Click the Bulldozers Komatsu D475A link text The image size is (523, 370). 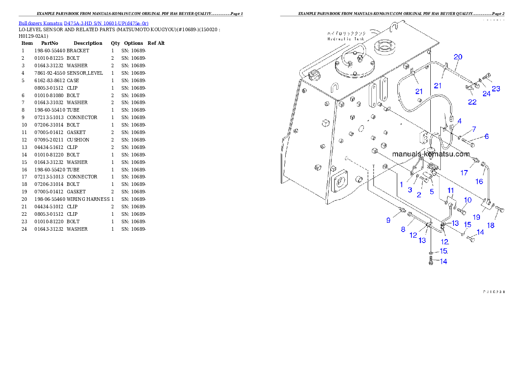[x=84, y=23]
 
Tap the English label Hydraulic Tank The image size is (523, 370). [x=346, y=39]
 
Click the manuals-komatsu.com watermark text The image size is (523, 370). [x=431, y=154]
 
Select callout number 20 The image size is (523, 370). [x=458, y=57]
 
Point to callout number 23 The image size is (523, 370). [x=496, y=89]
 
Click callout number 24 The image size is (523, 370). [x=486, y=93]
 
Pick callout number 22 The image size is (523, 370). [x=472, y=102]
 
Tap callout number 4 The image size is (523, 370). [x=459, y=121]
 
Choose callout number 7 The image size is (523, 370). [x=474, y=129]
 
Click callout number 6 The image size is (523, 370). [x=487, y=137]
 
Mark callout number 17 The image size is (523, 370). [x=464, y=173]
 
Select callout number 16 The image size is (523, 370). [x=479, y=181]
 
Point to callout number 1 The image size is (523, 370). [x=401, y=185]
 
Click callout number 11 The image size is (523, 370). [x=450, y=190]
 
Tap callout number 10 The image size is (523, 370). [x=468, y=200]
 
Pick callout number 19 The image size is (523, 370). [x=476, y=217]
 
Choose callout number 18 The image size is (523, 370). [x=491, y=225]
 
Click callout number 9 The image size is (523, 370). [x=388, y=220]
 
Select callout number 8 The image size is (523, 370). [x=403, y=229]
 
